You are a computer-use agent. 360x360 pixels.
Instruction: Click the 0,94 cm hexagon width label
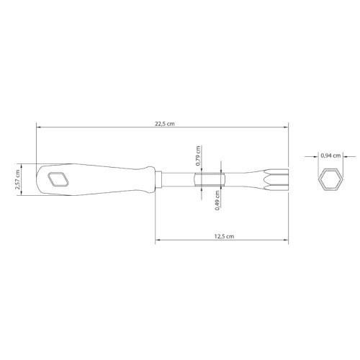click(x=330, y=156)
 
